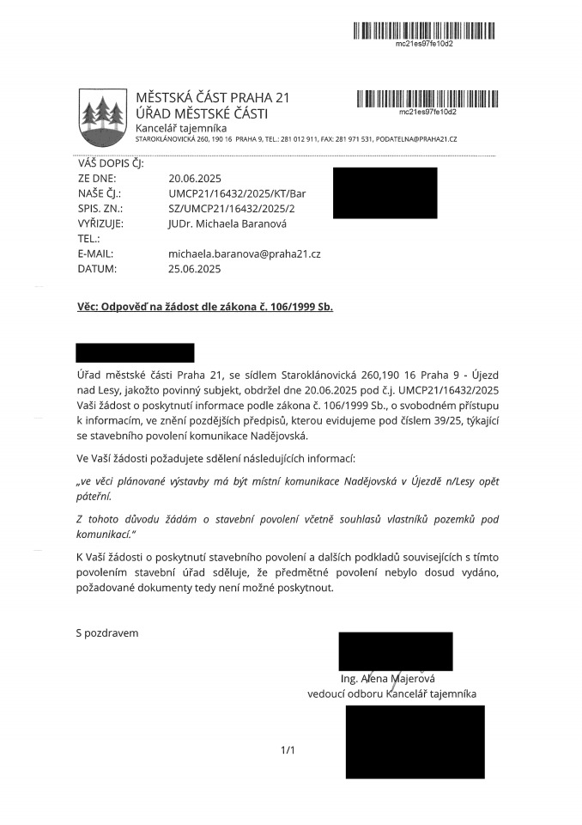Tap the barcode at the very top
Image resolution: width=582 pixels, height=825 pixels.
coord(424,31)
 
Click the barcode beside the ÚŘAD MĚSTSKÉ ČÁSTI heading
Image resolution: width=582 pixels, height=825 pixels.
coord(427,98)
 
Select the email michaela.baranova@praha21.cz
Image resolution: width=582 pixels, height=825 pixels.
coord(244,254)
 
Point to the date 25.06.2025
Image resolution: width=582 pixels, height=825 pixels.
coord(195,268)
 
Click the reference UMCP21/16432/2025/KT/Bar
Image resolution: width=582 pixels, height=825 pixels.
coord(237,193)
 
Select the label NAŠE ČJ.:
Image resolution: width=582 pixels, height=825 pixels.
coord(100,193)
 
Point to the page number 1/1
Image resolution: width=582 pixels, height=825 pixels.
coord(288,750)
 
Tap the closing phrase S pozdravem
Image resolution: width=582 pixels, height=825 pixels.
coord(107,633)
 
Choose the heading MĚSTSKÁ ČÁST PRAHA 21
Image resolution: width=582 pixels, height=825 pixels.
coord(212,97)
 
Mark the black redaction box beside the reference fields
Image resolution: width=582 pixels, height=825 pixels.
coord(385,192)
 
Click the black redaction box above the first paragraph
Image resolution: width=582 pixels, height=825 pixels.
coord(135,352)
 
